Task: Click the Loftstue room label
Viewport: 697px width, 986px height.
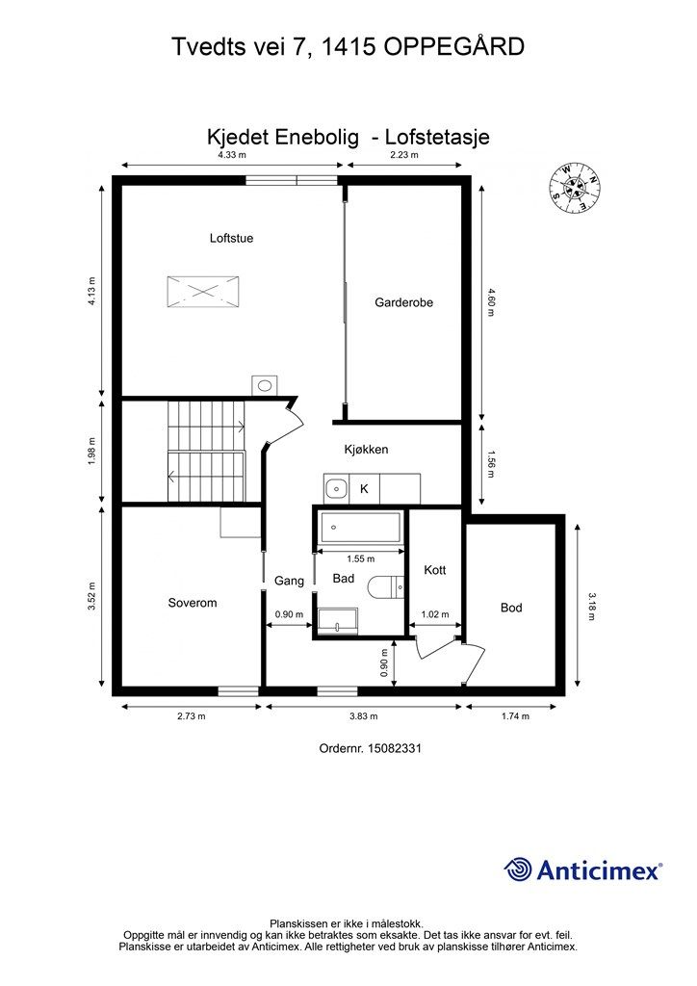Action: pyautogui.click(x=231, y=239)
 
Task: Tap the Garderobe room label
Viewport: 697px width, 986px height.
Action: pyautogui.click(x=403, y=302)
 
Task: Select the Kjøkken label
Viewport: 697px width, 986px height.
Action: pyautogui.click(x=366, y=450)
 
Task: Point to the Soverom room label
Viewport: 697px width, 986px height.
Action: pyautogui.click(x=193, y=603)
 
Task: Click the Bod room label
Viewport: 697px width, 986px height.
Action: pyautogui.click(x=511, y=608)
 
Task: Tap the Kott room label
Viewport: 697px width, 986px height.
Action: pyautogui.click(x=435, y=570)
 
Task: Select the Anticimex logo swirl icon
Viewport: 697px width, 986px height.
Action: pyautogui.click(x=518, y=869)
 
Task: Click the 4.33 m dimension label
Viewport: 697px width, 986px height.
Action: pyautogui.click(x=232, y=155)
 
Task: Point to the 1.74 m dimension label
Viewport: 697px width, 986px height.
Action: pyautogui.click(x=515, y=716)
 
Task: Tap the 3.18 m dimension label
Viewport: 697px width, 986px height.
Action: pyautogui.click(x=591, y=607)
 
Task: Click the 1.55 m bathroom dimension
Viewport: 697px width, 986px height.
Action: pyautogui.click(x=361, y=558)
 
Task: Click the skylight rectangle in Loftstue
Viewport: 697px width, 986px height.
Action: pyautogui.click(x=203, y=292)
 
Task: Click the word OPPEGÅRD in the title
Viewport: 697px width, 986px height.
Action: pyautogui.click(x=454, y=47)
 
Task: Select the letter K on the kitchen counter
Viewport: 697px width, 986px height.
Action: pyautogui.click(x=364, y=488)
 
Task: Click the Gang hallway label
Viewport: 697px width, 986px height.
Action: pyautogui.click(x=289, y=581)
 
